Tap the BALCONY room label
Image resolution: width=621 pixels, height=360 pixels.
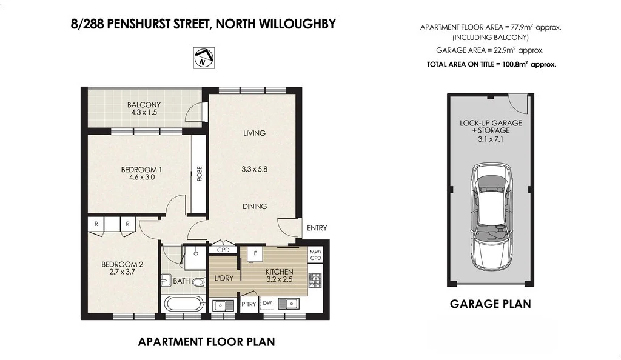[144, 105]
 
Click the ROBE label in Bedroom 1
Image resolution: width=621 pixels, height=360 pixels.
[199, 174]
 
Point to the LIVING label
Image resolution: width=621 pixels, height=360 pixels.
[254, 133]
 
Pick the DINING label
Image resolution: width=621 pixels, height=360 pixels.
[255, 207]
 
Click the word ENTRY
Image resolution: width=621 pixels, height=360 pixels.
[317, 228]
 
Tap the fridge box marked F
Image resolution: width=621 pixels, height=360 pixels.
[256, 253]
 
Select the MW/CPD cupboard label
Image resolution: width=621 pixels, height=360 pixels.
[315, 255]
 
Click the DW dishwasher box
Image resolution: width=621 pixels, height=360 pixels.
[267, 303]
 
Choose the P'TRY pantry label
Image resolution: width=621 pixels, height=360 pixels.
[249, 304]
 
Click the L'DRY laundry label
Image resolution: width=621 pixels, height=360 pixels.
[224, 278]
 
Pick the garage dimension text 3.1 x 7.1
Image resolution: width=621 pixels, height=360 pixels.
[491, 138]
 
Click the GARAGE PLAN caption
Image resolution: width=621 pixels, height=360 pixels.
[490, 304]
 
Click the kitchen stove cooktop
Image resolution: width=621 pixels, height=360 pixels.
[315, 280]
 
